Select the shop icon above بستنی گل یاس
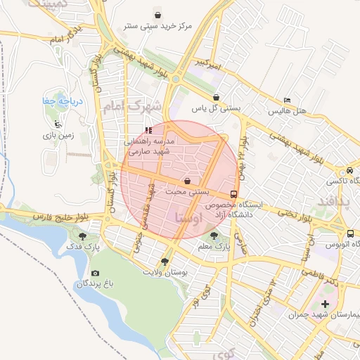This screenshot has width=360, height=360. pos(216,98)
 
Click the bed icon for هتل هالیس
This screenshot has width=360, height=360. pos(286,100)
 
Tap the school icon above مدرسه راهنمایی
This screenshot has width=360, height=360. pos(148,130)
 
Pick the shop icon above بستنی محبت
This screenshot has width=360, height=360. pos(187,181)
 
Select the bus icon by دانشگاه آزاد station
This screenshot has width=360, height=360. pos(233,194)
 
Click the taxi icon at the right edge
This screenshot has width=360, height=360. pos(349,170)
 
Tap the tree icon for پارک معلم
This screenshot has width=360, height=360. pos(214,236)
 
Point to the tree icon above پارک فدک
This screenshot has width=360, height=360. pos(84,236)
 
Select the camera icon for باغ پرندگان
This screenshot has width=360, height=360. pos(95,273)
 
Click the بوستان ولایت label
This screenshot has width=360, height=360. pos(163,271)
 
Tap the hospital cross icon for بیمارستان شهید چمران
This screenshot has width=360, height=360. pos(324,304)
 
